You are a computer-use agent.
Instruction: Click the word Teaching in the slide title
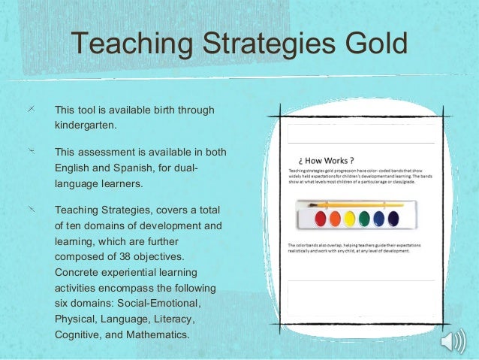coord(128,44)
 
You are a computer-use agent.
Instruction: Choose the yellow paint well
coord(348,219)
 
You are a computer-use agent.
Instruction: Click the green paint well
coord(365,219)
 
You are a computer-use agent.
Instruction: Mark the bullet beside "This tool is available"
coord(31,110)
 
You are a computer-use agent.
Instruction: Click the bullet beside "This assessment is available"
coord(31,153)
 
